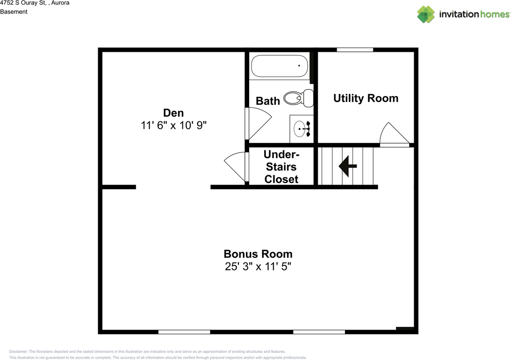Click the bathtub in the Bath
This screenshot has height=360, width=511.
[279, 66]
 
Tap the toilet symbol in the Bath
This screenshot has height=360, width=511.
[299, 97]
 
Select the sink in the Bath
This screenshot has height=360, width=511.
[301, 129]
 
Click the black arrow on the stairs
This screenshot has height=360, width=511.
[347, 166]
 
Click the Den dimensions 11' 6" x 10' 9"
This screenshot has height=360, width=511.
[173, 125]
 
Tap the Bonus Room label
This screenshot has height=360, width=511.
[258, 254]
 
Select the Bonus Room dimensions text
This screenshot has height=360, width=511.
[258, 267]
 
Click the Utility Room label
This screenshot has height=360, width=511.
[366, 98]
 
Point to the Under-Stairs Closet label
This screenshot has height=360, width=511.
[281, 166]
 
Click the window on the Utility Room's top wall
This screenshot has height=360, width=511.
[355, 50]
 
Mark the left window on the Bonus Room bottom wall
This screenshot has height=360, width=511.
[184, 332]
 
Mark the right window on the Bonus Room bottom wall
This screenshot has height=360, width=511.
[319, 332]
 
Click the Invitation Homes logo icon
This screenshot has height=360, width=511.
[426, 14]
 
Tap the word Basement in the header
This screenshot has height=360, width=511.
[14, 12]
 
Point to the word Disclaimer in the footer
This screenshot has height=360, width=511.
[18, 352]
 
